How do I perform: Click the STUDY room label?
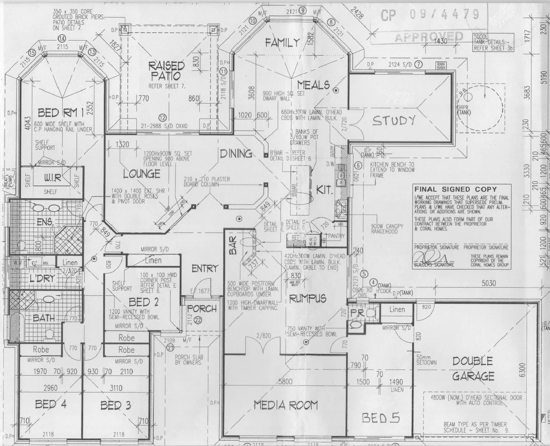(393, 121)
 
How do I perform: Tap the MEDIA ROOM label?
(286, 405)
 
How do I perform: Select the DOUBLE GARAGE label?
(473, 369)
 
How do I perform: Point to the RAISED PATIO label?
(167, 70)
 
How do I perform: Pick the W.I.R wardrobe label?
(52, 178)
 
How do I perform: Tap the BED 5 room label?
(381, 418)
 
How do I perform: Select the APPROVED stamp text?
(429, 37)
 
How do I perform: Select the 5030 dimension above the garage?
(489, 283)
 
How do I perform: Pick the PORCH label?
(202, 308)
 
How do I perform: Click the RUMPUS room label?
(307, 298)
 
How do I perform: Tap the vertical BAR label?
(232, 245)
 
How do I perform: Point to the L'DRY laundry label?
(42, 278)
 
